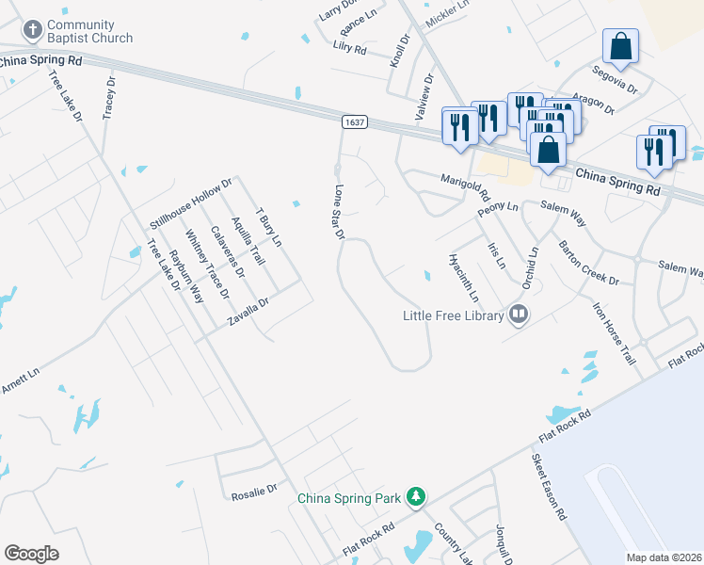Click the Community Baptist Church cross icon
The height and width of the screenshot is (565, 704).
click(x=32, y=30)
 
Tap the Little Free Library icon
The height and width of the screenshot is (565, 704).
click(x=518, y=315)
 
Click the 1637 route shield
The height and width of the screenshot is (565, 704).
click(x=354, y=123)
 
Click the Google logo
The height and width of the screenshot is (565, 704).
click(x=32, y=554)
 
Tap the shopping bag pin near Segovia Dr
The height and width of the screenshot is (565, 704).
click(x=620, y=46)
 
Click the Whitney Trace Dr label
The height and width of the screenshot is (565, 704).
click(x=207, y=264)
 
